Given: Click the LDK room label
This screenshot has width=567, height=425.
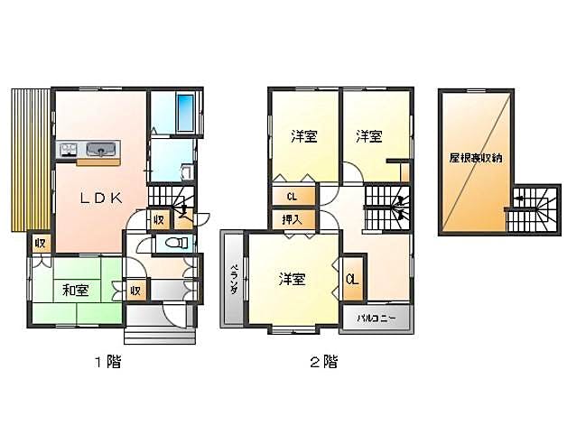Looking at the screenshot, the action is [101, 198].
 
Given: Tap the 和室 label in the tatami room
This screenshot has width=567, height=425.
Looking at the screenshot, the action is [76, 291].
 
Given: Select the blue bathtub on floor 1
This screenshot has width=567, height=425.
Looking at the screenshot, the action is [185, 113].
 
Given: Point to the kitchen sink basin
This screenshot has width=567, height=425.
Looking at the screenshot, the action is [101, 149].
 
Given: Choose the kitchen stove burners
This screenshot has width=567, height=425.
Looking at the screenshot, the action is [69, 149].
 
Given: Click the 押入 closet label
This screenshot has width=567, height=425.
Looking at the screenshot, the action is [293, 220].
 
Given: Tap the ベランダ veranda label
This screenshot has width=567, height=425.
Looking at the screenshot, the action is [235, 280].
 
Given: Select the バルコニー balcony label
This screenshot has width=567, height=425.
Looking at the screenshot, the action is [376, 319].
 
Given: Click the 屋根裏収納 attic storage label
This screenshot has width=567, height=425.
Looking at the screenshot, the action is [476, 158].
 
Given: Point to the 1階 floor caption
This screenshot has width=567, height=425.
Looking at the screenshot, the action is [107, 362].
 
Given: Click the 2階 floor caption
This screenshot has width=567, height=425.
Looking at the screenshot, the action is [324, 362].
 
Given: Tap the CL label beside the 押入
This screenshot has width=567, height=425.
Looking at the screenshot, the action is [293, 197].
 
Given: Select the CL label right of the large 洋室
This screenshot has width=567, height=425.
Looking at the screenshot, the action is [352, 280].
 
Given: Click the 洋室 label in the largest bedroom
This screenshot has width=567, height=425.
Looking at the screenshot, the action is [293, 280].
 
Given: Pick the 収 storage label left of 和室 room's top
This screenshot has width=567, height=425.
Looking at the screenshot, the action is [40, 244].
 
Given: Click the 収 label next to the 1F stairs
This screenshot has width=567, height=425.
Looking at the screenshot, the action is [159, 220].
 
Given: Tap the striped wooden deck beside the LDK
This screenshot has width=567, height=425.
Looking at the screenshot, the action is [31, 160].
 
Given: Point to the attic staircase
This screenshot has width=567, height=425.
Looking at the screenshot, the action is [532, 209].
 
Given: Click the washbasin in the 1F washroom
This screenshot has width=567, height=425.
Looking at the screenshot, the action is [187, 172].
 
